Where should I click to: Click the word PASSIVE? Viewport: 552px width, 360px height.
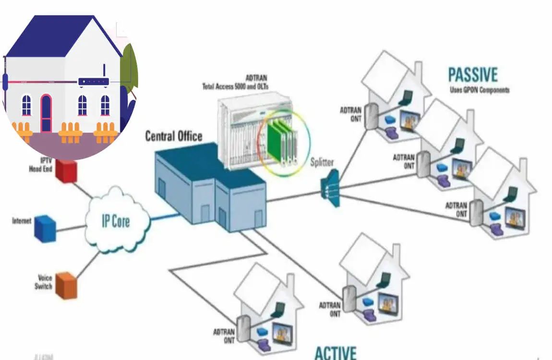[x=473, y=75]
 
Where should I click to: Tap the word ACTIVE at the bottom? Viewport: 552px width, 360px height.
[x=336, y=352]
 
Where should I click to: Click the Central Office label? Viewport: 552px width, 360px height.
[x=174, y=136]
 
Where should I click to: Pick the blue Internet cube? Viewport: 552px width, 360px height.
[x=45, y=228]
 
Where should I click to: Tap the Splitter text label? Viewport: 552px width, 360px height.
[x=322, y=162]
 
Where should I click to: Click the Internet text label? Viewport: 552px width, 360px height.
[x=22, y=221]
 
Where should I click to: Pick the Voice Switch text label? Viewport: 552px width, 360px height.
[x=43, y=282]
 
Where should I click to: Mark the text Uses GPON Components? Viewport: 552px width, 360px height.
[x=479, y=90]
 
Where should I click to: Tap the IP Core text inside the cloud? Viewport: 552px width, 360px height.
[x=116, y=222]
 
